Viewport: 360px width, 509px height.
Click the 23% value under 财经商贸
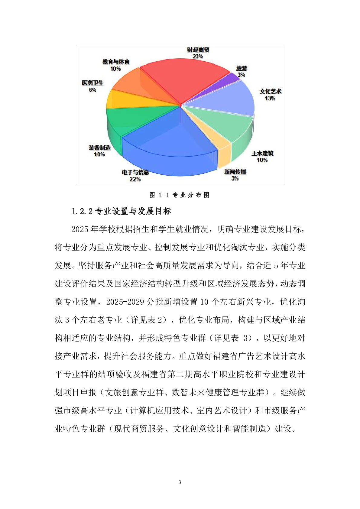click(x=198, y=57)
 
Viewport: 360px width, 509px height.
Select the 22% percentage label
click(x=135, y=179)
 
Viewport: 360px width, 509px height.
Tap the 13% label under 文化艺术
click(x=270, y=98)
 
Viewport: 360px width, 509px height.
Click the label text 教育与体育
click(x=116, y=62)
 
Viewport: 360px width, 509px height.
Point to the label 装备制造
click(x=99, y=148)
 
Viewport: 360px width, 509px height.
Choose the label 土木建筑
click(x=262, y=154)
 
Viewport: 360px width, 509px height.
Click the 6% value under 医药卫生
click(x=92, y=90)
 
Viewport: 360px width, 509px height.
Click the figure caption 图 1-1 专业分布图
click(x=180, y=195)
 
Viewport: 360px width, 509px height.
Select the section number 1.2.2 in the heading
click(x=82, y=211)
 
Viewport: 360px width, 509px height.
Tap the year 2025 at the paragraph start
click(x=80, y=229)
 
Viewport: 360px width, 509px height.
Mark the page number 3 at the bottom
click(x=180, y=482)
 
